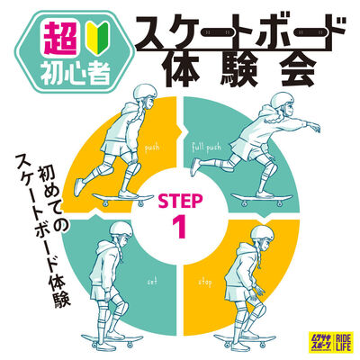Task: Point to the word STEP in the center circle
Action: (x=183, y=198)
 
